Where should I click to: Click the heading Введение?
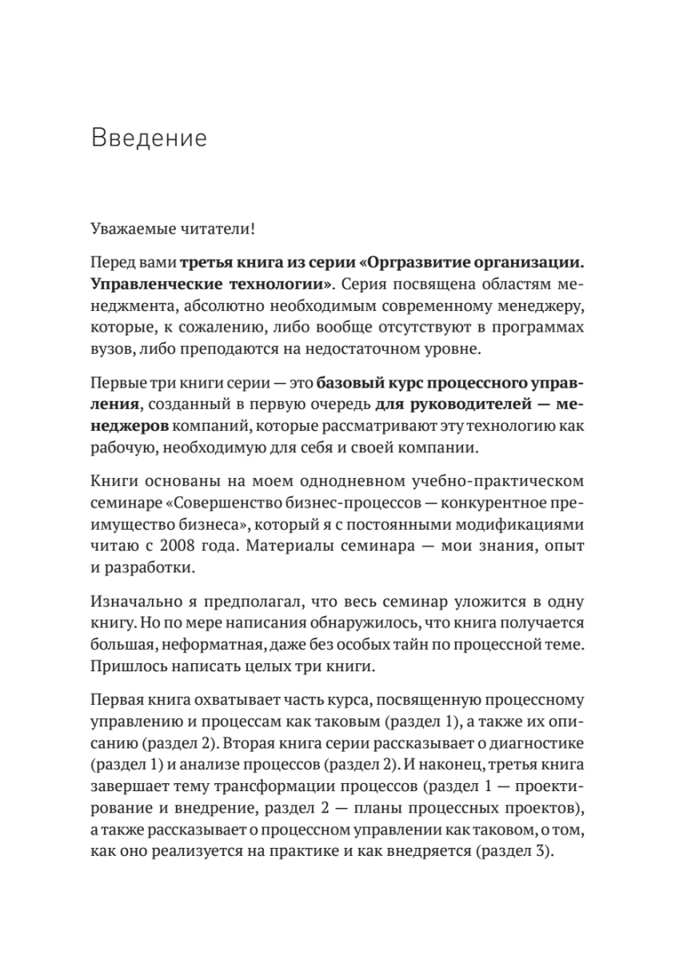tap(149, 137)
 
